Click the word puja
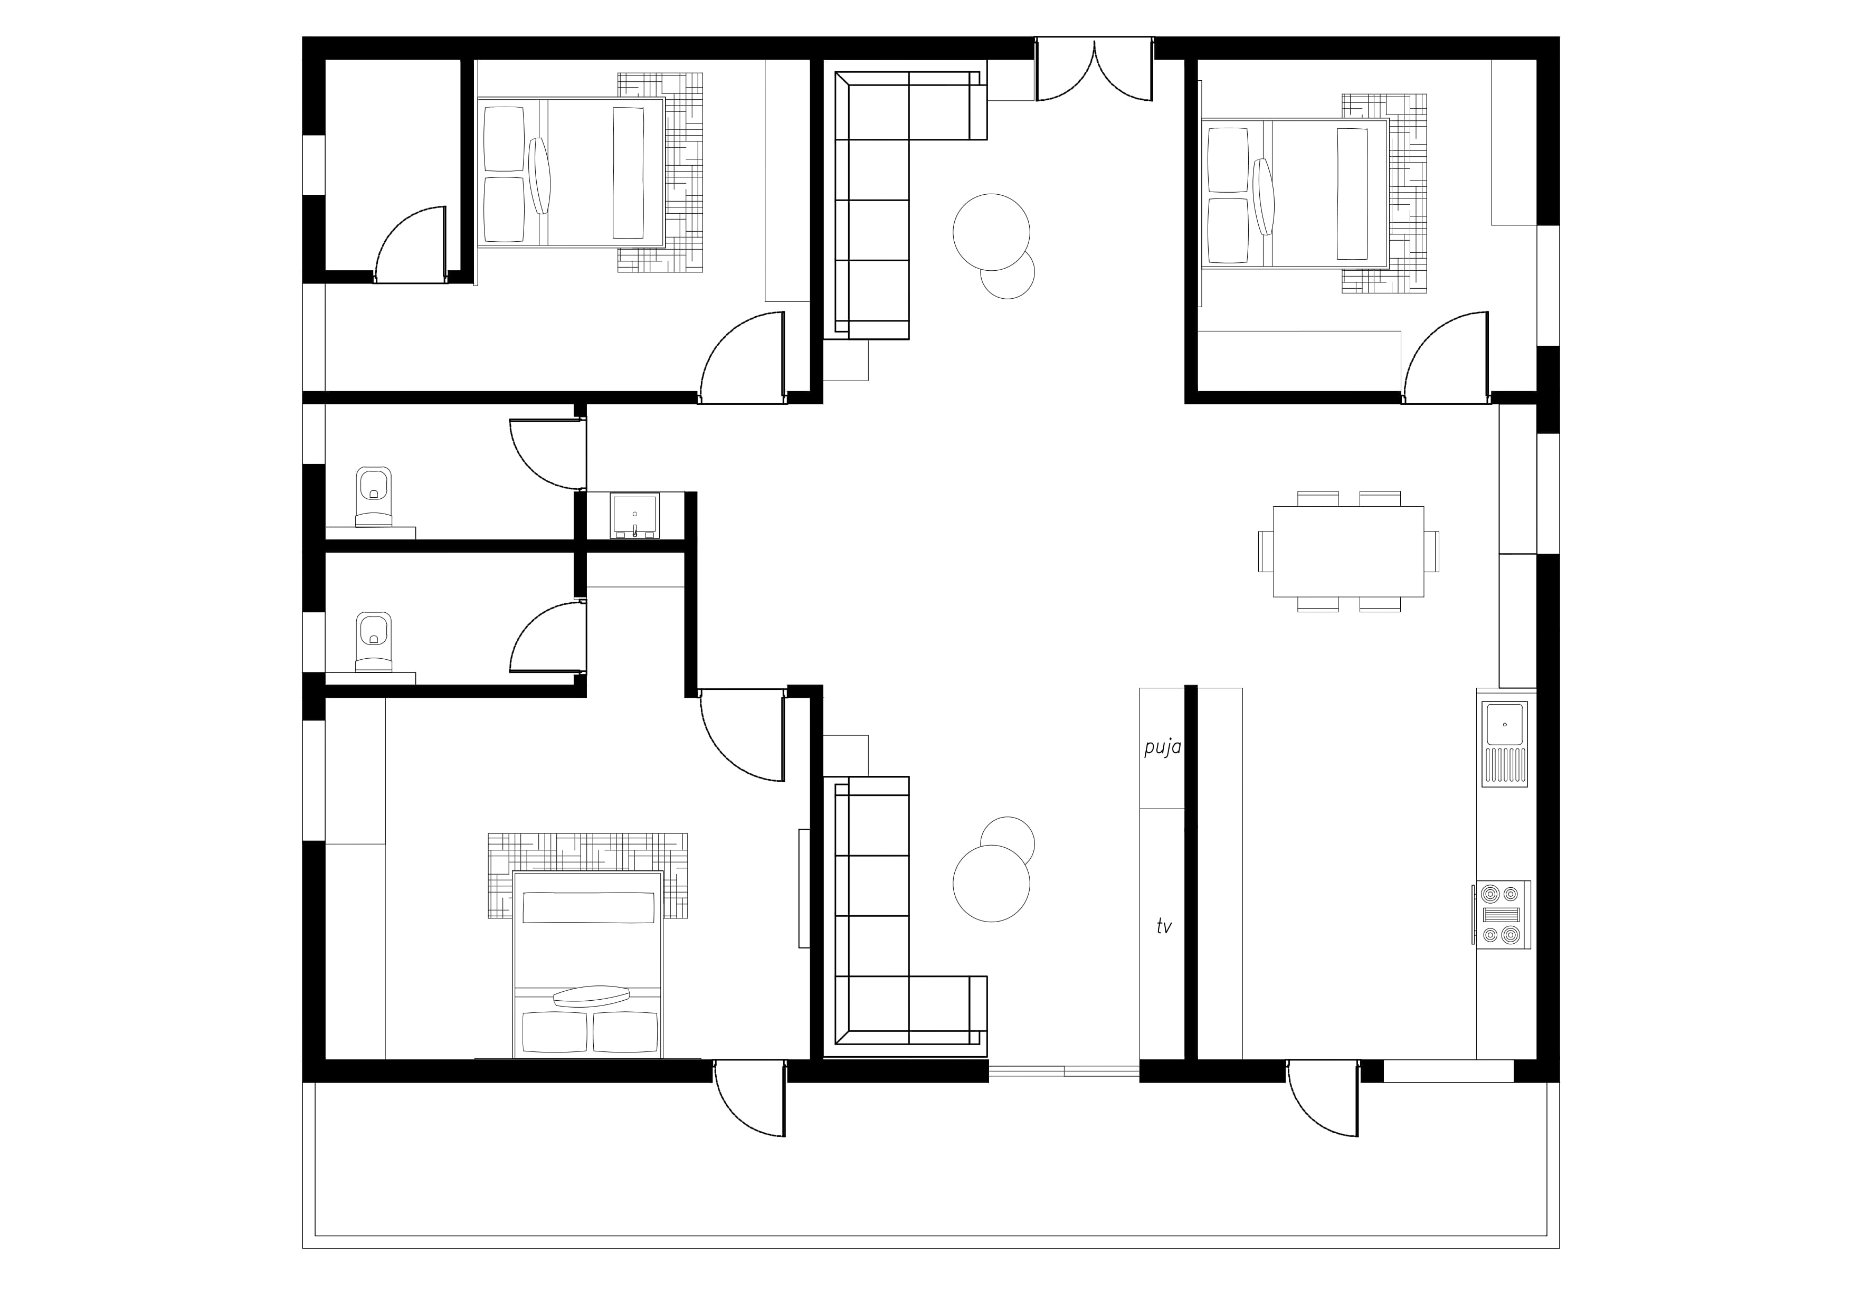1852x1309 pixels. click(1162, 747)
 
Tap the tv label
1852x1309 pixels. click(1163, 927)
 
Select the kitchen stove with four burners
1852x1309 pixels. click(1501, 915)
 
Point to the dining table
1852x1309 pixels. click(1348, 552)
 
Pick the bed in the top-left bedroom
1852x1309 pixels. click(571, 172)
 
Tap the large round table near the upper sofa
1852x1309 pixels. click(991, 232)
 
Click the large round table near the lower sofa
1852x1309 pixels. click(991, 883)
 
